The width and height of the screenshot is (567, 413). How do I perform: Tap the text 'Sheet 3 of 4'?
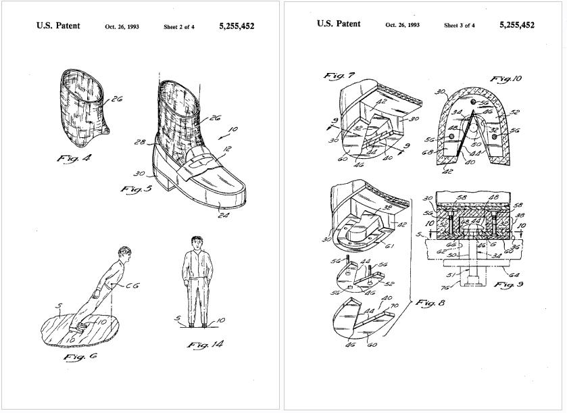(x=460, y=26)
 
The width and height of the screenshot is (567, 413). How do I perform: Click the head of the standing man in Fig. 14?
(x=197, y=242)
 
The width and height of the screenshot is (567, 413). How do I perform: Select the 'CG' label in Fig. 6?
(x=132, y=286)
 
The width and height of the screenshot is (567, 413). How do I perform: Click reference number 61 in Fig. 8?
(x=389, y=246)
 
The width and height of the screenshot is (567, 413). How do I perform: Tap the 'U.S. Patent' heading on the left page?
(x=58, y=26)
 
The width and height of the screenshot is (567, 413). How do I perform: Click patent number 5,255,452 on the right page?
(x=517, y=25)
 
